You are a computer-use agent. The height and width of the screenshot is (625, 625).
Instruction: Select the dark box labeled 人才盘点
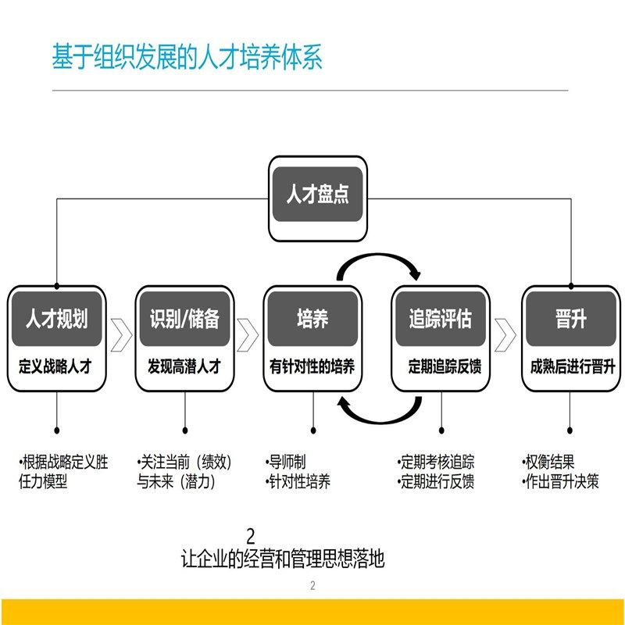[316, 194]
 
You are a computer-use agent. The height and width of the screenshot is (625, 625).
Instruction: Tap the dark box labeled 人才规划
[56, 319]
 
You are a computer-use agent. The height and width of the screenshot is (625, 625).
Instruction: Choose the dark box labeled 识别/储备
[184, 319]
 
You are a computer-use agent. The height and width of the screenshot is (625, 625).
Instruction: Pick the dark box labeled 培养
[312, 319]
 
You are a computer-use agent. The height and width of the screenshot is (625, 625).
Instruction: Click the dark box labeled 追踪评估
[441, 319]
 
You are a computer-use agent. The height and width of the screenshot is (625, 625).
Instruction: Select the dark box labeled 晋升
[571, 319]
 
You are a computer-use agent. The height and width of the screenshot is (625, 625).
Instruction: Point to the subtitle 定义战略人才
[56, 365]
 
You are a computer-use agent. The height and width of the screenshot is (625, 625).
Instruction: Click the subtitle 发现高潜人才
[184, 365]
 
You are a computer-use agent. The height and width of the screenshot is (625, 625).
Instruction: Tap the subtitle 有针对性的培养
[312, 365]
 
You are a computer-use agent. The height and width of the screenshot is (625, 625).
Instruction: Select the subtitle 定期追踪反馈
[441, 365]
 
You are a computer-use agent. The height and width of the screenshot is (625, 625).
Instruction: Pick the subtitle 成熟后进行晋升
[571, 365]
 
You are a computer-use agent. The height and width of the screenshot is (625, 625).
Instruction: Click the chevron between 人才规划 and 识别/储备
[120, 334]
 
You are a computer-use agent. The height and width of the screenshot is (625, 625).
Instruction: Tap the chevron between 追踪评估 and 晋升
[505, 334]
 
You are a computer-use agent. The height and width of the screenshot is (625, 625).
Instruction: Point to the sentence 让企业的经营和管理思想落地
[283, 559]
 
